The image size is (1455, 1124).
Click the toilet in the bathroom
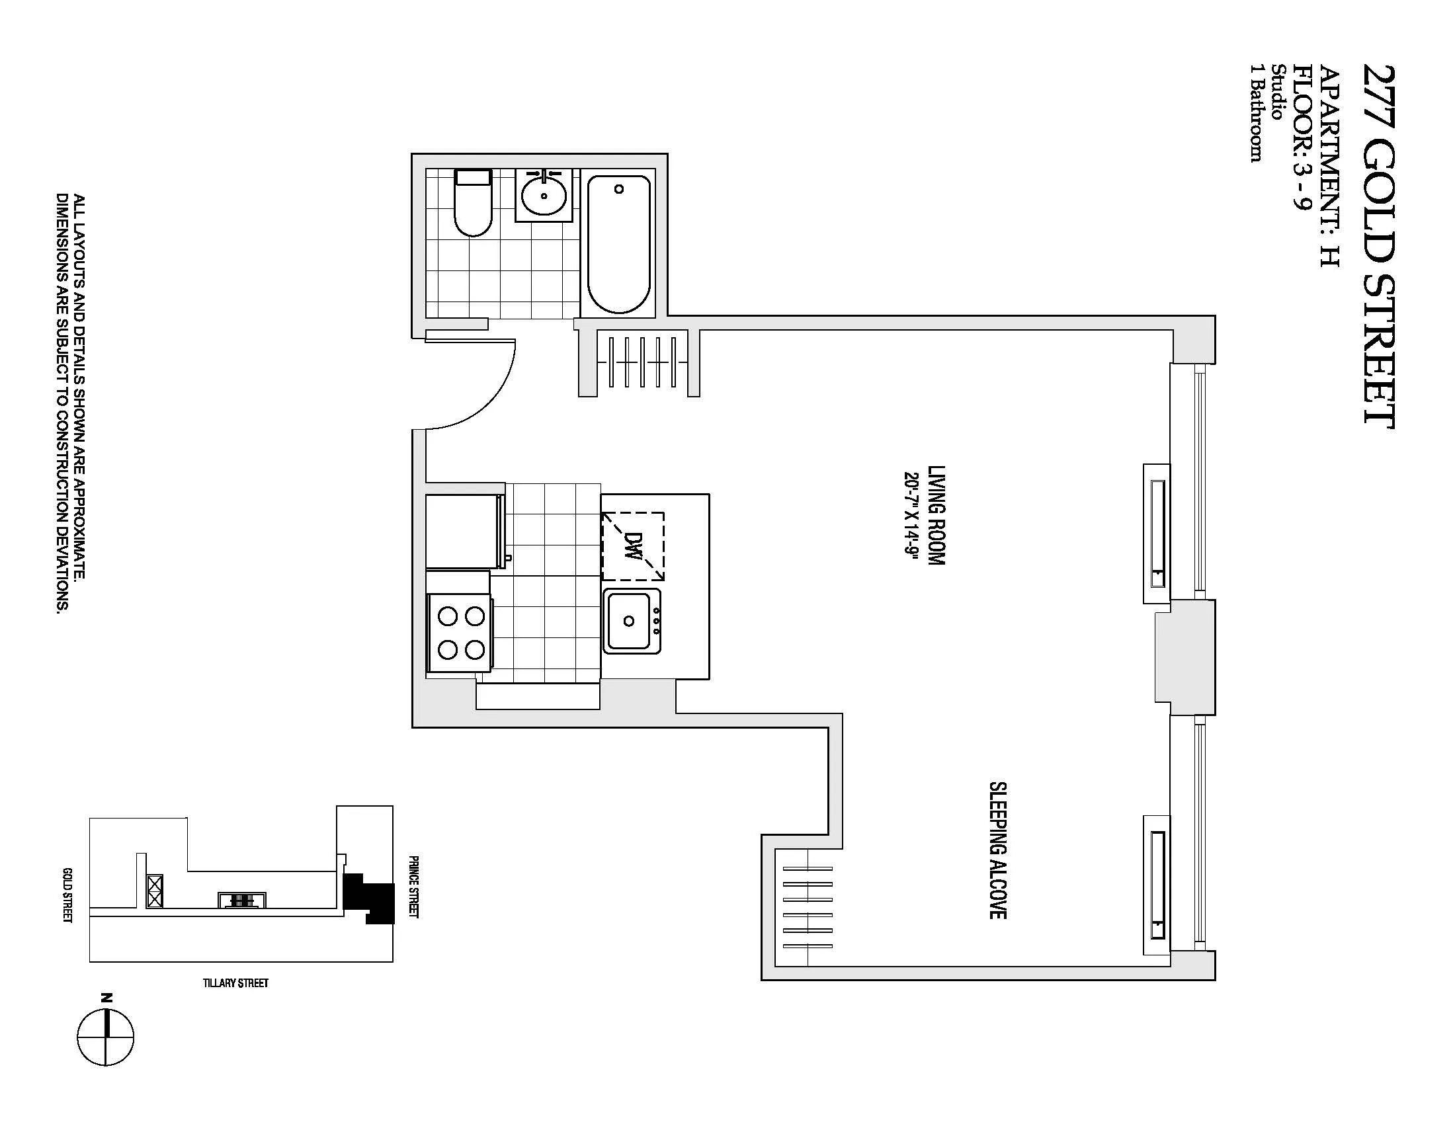click(x=473, y=204)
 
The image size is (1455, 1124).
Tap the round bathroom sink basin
click(x=544, y=195)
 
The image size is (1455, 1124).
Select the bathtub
click(x=618, y=244)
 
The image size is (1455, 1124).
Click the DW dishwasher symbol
click(x=633, y=547)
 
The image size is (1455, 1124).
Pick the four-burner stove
click(x=460, y=632)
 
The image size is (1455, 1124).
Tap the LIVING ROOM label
click(x=936, y=516)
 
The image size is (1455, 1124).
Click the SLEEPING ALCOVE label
click(x=997, y=850)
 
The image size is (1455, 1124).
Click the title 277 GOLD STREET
click(x=1378, y=247)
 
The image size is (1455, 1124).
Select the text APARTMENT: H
click(x=1329, y=167)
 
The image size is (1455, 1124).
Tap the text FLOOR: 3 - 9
click(x=1301, y=136)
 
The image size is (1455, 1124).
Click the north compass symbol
click(x=105, y=1036)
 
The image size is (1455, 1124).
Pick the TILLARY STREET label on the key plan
click(x=236, y=983)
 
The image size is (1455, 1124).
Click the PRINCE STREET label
click(x=413, y=886)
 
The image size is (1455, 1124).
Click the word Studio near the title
click(x=1278, y=92)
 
